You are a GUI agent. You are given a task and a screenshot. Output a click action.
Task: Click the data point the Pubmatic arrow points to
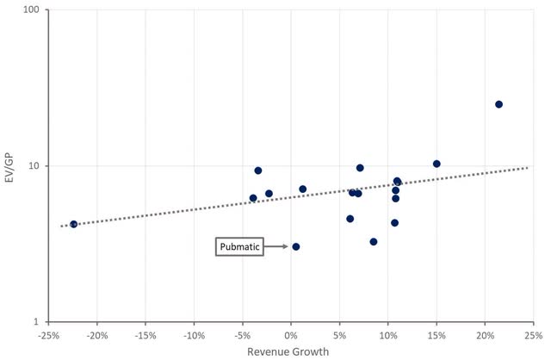pos(296,246)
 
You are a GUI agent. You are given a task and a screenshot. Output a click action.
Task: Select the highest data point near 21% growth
pos(498,104)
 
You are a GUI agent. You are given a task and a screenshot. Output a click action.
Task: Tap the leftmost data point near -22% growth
pos(74,224)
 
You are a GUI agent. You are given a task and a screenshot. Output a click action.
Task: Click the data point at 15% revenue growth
pos(436,164)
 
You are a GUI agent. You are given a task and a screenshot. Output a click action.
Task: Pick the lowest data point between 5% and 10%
pos(374,242)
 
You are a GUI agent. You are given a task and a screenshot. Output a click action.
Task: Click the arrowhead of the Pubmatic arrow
pos(285,247)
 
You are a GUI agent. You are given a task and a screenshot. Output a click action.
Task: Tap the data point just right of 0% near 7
pos(302,189)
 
